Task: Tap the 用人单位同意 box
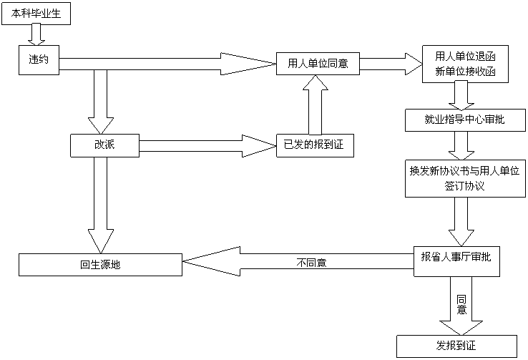pyautogui.click(x=318, y=63)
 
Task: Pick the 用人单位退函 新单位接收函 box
pyautogui.click(x=466, y=64)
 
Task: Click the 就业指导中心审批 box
pyautogui.click(x=464, y=120)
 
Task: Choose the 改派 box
pyautogui.click(x=105, y=146)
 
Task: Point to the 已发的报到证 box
pyautogui.click(x=314, y=146)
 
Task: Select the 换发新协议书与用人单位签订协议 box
pyautogui.click(x=464, y=178)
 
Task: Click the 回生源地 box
pyautogui.click(x=100, y=264)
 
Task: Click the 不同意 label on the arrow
pyautogui.click(x=311, y=262)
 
